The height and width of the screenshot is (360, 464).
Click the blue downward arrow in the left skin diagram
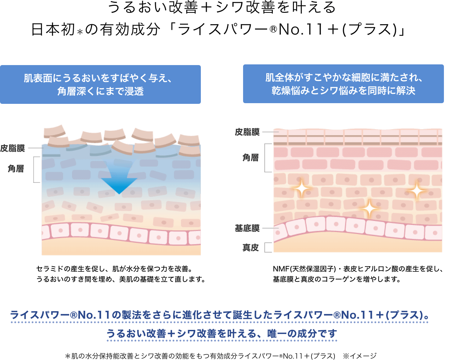pyautogui.click(x=119, y=178)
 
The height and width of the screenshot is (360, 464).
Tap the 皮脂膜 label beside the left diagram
pyautogui.click(x=13, y=148)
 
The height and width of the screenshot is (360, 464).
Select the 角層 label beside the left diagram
pyautogui.click(x=16, y=169)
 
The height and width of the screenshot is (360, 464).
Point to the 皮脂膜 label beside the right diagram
pyautogui.click(x=247, y=132)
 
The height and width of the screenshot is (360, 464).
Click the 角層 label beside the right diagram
pyautogui.click(x=251, y=158)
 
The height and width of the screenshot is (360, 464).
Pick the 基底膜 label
pyautogui.click(x=247, y=228)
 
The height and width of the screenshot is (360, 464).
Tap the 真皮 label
pyautogui.click(x=251, y=247)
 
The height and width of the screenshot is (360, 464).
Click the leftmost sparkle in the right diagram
pyautogui.click(x=302, y=188)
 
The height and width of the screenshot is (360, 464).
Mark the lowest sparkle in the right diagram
pyautogui.click(x=369, y=209)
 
